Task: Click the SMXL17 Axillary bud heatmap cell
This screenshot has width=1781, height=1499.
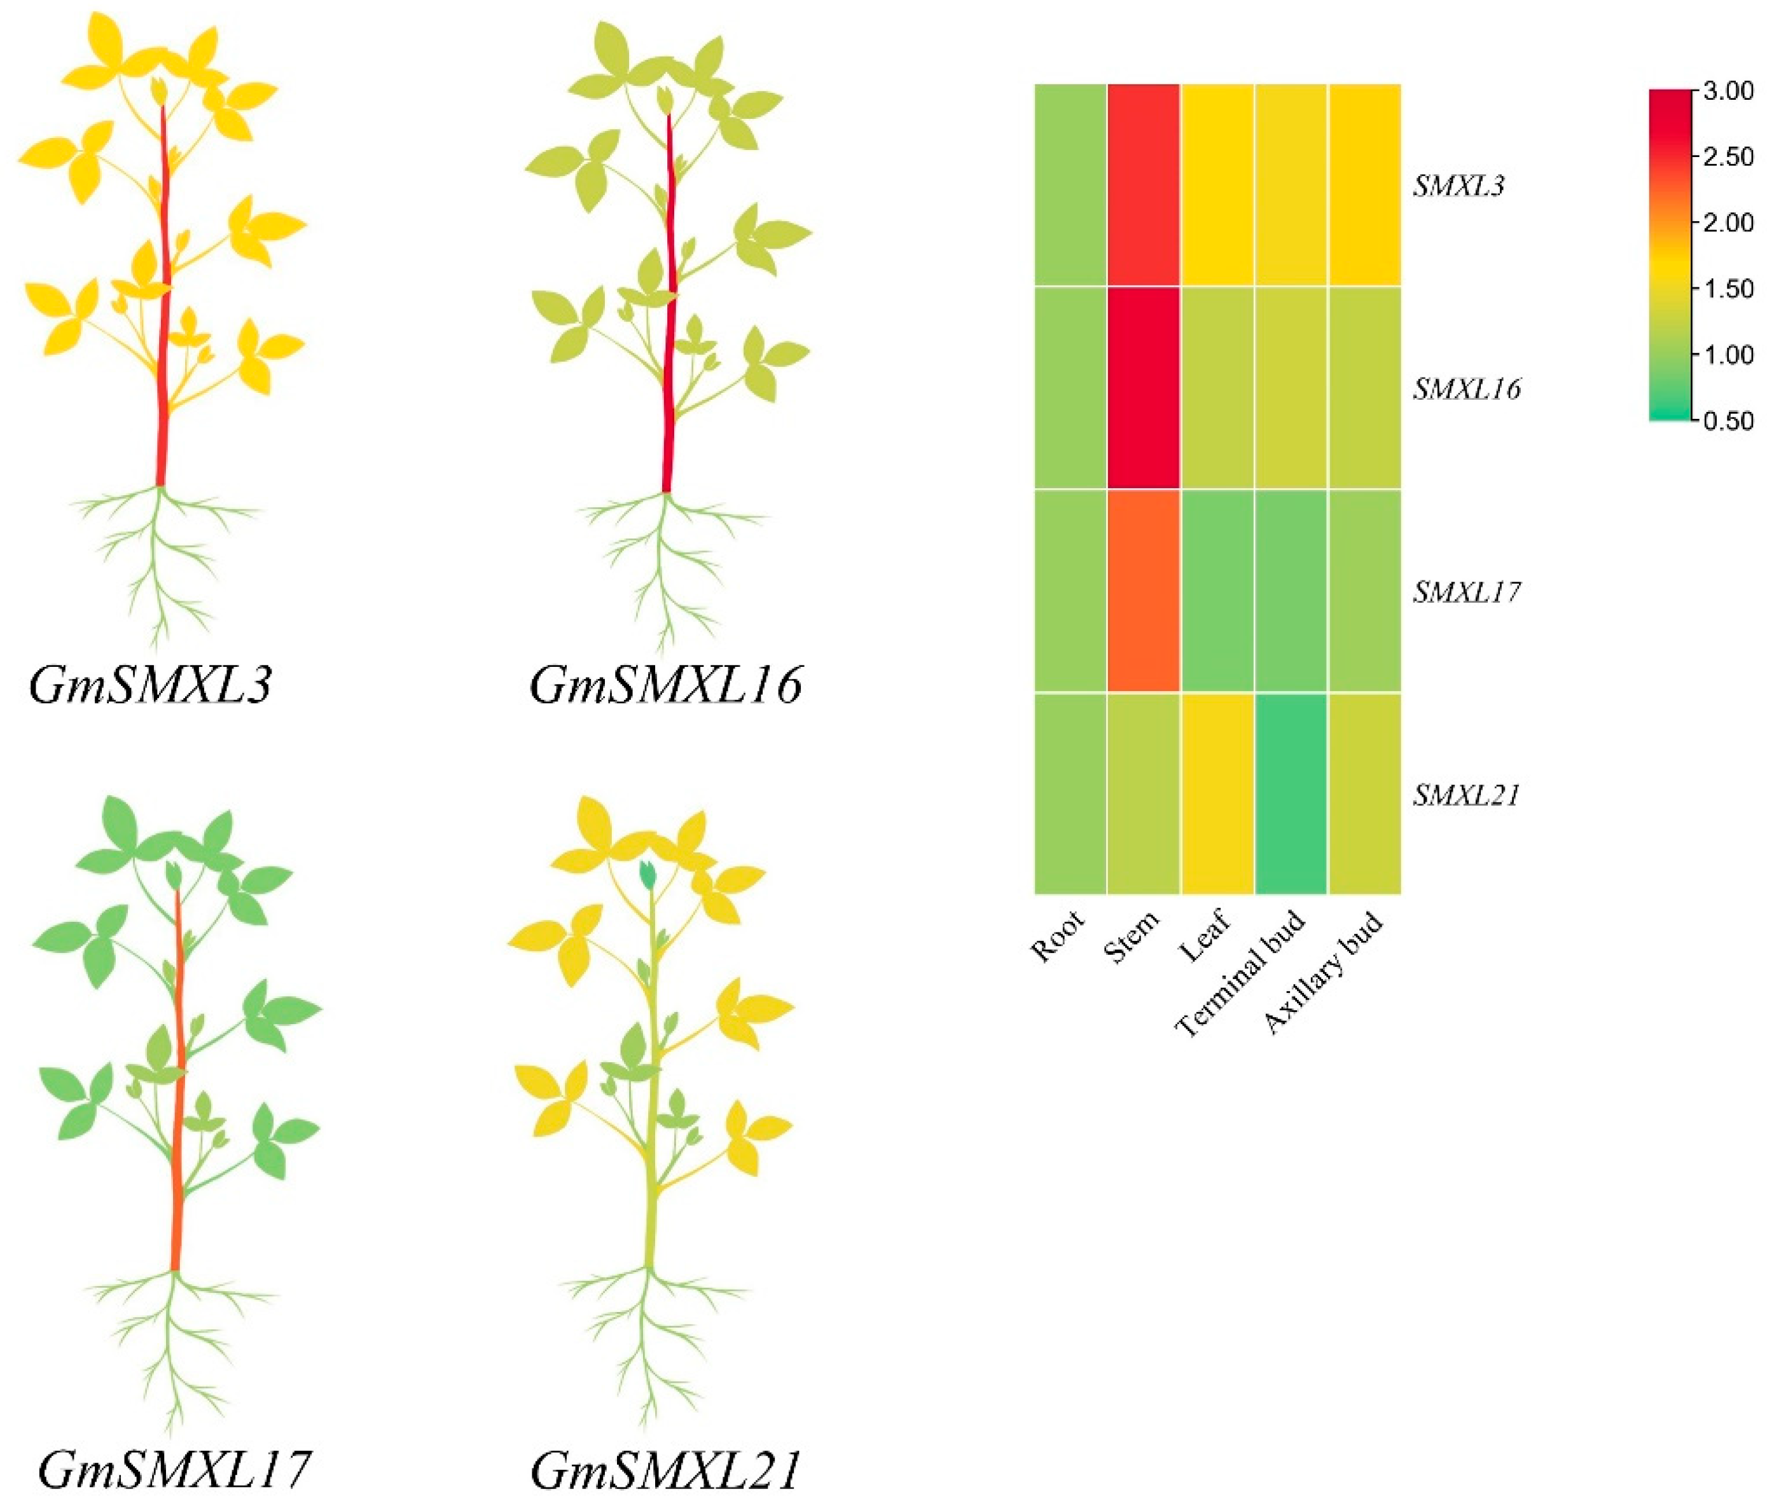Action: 1364,591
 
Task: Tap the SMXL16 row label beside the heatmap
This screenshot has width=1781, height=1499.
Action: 1466,389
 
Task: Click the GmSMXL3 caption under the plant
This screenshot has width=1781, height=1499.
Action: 151,685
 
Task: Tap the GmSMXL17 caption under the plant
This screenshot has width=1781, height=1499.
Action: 174,1468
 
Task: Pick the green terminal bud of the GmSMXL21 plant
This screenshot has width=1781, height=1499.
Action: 648,873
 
